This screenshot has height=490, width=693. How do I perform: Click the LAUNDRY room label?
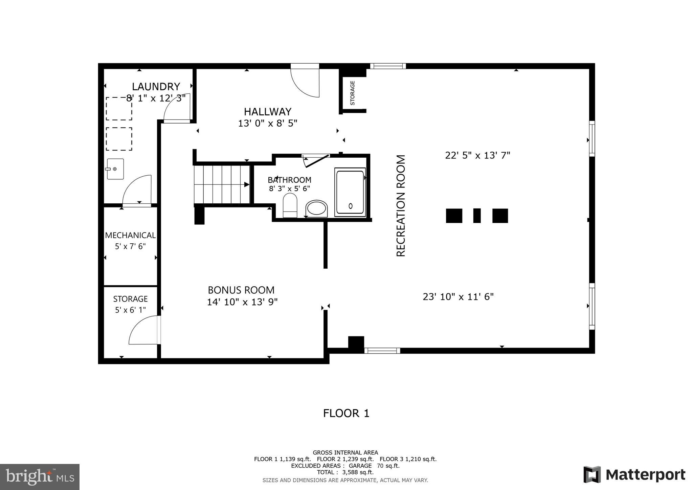tap(156, 87)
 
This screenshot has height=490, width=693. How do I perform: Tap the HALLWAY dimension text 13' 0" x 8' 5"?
tap(267, 123)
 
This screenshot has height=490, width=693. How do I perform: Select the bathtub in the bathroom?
tap(350, 192)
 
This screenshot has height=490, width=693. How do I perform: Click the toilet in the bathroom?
tap(290, 205)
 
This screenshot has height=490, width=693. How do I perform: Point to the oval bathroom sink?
tap(316, 208)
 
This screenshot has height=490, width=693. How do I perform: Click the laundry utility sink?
tap(115, 169)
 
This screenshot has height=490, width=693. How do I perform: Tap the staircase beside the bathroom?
tap(222, 184)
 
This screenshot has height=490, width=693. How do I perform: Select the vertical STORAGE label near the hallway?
tap(352, 93)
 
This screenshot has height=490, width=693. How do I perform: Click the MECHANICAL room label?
tap(130, 235)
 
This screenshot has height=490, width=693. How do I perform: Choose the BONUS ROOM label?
tap(241, 290)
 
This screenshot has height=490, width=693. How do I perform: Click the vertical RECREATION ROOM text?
tap(401, 206)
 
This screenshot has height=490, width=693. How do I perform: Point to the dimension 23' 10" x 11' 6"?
tap(458, 297)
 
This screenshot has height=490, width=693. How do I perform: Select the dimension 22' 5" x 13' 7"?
tap(477, 155)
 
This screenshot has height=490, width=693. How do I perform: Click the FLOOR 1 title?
tap(346, 413)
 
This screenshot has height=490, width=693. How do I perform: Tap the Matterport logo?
tap(634, 474)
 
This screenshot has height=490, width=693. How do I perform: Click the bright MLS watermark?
tap(40, 477)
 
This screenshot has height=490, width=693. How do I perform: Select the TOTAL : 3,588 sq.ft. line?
tap(345, 472)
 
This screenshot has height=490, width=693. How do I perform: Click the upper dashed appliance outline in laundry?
tap(119, 109)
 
